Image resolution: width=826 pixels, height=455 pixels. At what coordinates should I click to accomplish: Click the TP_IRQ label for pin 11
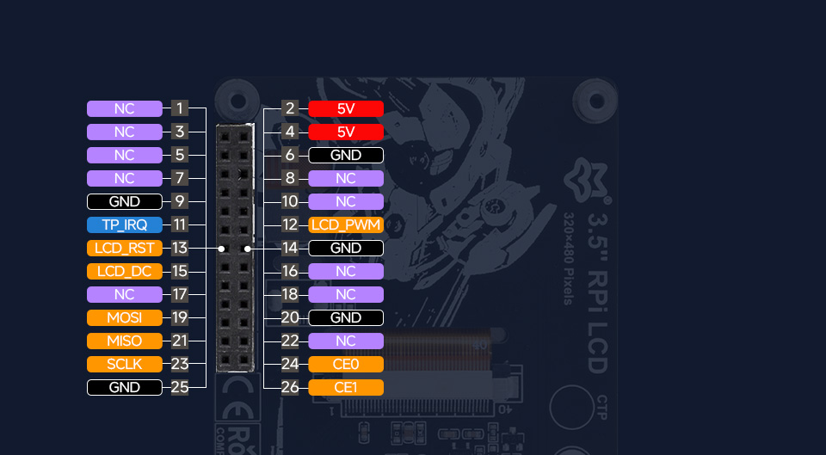pos(124,225)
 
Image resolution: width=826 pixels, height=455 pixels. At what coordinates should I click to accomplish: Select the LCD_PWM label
pos(345,225)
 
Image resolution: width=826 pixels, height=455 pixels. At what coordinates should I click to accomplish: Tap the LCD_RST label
pos(124,249)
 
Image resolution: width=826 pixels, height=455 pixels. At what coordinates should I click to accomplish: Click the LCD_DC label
pos(124,272)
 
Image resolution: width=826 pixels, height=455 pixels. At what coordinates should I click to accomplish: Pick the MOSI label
pos(124,318)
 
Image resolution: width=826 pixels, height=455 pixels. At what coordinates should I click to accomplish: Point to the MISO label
pos(124,341)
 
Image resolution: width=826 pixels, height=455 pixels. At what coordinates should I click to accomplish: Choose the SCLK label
pos(124,364)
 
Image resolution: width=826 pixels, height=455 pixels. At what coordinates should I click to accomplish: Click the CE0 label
pos(345,364)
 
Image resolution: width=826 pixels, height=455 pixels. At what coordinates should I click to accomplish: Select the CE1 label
pos(345,387)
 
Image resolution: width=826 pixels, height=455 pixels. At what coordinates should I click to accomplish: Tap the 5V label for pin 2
pos(345,108)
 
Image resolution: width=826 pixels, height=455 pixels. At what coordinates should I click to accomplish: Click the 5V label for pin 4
pos(345,132)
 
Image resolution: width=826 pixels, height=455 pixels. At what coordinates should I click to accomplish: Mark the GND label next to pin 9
pos(124,202)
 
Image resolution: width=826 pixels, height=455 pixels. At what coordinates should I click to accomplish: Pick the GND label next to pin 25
pos(124,387)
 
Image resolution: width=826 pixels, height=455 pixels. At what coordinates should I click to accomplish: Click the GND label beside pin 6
pos(345,156)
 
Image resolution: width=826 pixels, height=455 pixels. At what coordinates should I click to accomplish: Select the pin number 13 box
pos(179,249)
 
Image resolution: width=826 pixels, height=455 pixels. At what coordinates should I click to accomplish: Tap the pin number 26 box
pos(290,387)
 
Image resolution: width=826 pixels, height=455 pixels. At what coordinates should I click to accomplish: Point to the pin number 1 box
pos(179,108)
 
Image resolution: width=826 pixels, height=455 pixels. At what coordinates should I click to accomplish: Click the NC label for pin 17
pos(124,295)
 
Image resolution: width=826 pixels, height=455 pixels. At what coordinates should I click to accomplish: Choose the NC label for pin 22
pos(345,341)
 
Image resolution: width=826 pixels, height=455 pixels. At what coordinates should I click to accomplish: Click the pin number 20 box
pos(290,318)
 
